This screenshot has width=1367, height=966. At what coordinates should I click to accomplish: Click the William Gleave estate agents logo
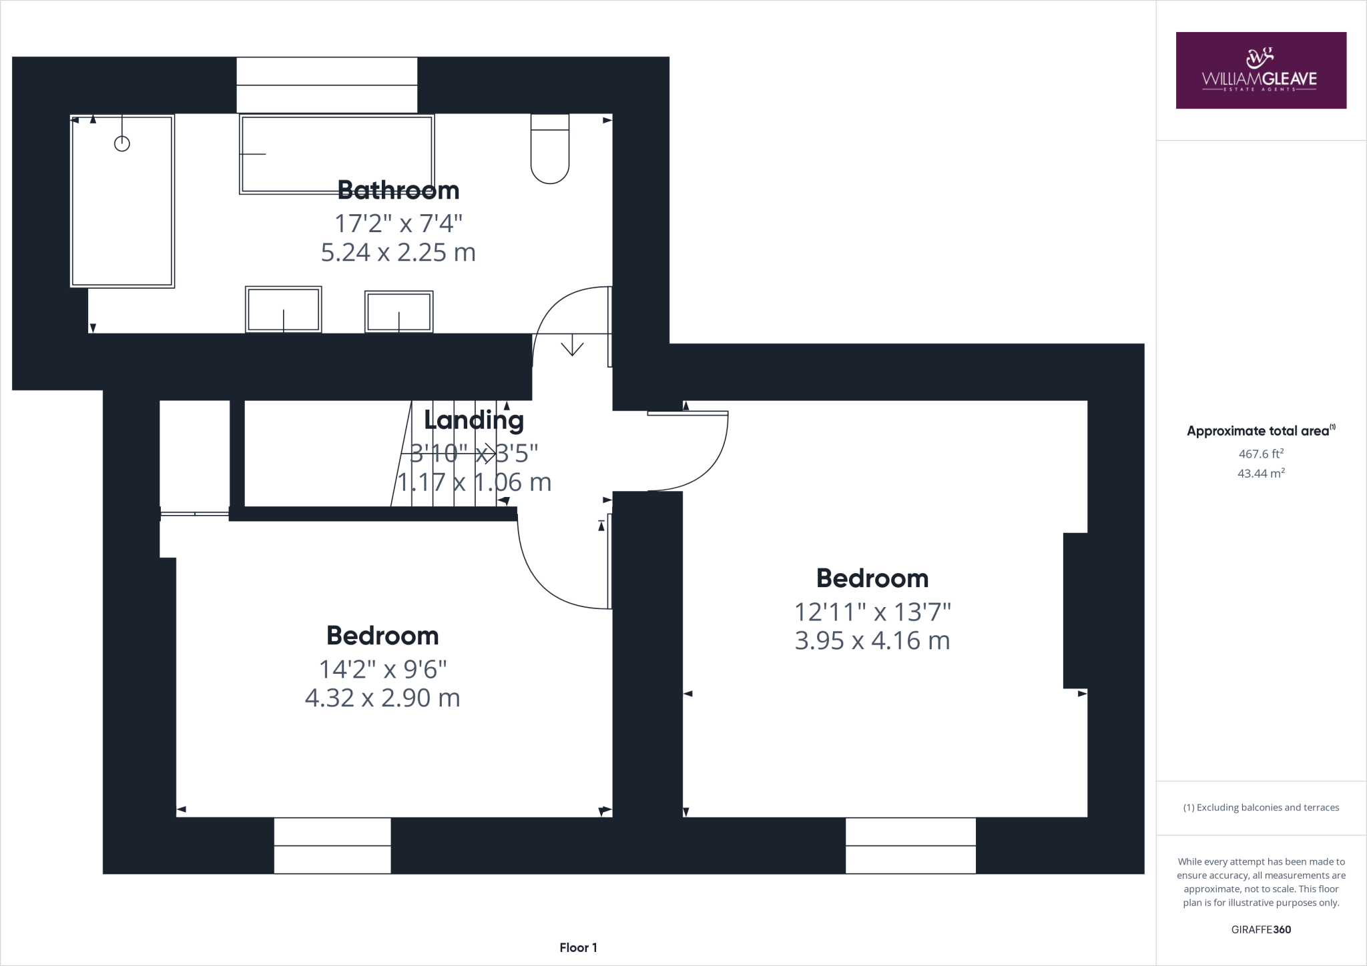point(1260,70)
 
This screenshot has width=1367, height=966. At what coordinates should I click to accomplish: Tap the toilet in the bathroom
point(550,150)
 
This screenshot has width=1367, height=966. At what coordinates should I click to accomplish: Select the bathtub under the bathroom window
point(336,154)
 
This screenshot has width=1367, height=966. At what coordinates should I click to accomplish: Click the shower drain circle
point(121,143)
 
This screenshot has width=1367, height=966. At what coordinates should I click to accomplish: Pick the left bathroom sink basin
point(283,310)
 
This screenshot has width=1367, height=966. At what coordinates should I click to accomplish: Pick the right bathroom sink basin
point(398,312)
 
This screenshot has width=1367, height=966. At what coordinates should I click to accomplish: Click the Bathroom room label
point(398,190)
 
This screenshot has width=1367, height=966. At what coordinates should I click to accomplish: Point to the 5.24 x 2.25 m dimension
point(398,253)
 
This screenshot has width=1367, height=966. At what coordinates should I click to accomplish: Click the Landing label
point(474,420)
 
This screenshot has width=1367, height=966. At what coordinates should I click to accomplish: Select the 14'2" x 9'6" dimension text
point(382,668)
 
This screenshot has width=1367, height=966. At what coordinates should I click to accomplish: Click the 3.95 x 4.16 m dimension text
point(872,640)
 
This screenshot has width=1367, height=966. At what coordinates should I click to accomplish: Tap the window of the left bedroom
point(332,845)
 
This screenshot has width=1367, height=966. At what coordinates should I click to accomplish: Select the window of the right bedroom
point(910,845)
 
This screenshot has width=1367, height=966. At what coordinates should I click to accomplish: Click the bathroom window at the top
point(327,85)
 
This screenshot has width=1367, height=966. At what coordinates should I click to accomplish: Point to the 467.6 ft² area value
point(1261,454)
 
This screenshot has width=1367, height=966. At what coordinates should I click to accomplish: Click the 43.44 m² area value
point(1261,473)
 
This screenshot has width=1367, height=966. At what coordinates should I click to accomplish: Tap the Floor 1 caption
point(578,947)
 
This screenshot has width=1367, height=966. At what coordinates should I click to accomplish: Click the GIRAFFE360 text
point(1261,929)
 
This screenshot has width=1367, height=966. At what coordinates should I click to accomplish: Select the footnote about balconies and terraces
point(1261,807)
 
